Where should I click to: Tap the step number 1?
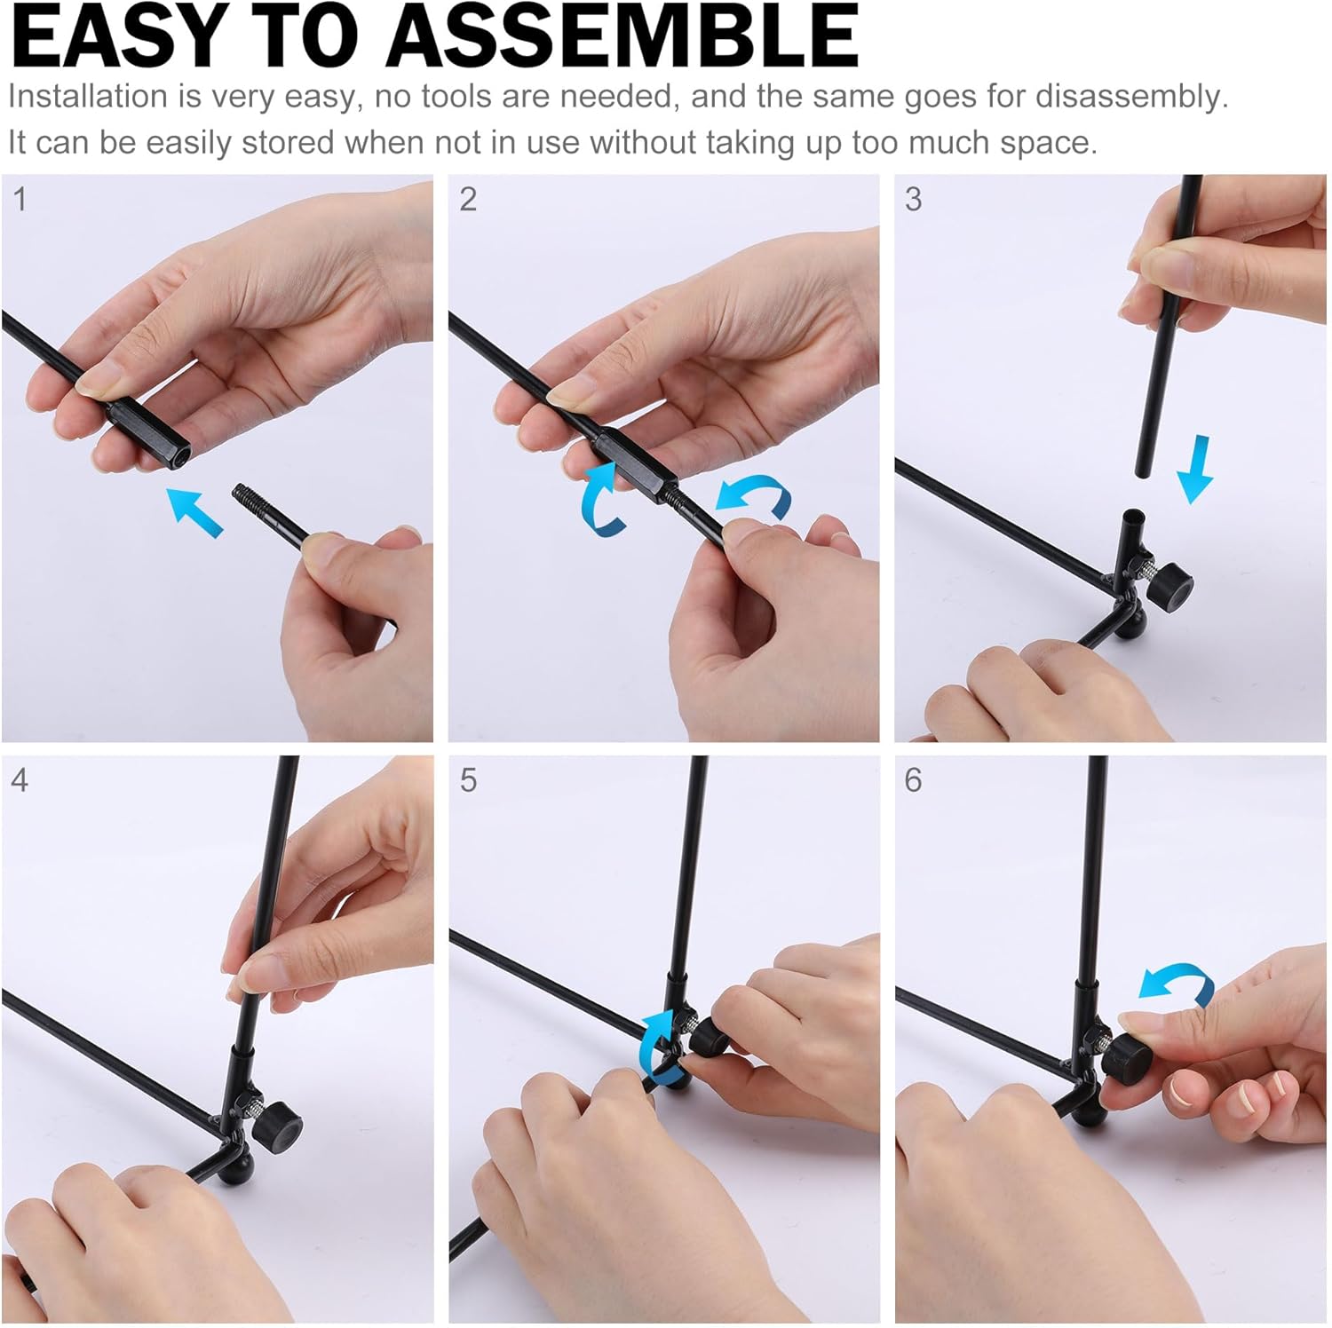pyautogui.click(x=20, y=200)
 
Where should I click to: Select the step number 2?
pyautogui.click(x=468, y=200)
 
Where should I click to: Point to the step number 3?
pyautogui.click(x=913, y=200)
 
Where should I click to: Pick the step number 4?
pyautogui.click(x=20, y=780)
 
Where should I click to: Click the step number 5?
pyautogui.click(x=468, y=780)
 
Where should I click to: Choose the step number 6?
pyautogui.click(x=913, y=780)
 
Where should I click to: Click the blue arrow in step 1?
pyautogui.click(x=194, y=512)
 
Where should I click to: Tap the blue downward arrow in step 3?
pyautogui.click(x=1196, y=470)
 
